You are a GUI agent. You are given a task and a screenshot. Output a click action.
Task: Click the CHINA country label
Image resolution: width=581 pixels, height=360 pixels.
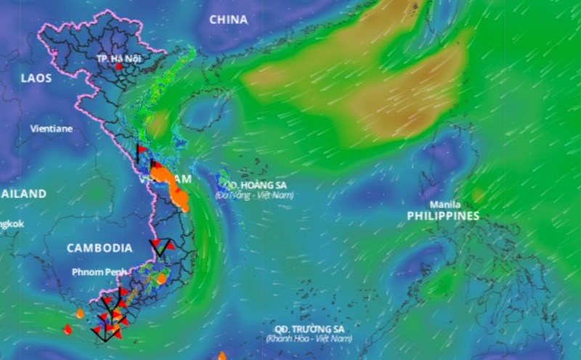click(228, 20)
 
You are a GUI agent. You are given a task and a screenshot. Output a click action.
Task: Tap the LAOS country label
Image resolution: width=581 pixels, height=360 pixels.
click(36, 78)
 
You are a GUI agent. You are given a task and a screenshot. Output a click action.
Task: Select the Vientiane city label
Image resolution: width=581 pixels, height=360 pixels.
click(51, 128)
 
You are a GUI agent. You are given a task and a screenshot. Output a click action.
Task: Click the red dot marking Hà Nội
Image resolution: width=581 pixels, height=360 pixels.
click(119, 67)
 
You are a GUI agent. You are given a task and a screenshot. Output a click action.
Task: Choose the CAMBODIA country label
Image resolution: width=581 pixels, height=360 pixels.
click(99, 247)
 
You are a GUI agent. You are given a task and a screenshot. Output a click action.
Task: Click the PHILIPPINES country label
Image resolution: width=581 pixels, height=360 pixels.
click(443, 216)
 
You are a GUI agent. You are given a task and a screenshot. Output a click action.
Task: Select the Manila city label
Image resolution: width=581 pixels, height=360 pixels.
click(444, 204)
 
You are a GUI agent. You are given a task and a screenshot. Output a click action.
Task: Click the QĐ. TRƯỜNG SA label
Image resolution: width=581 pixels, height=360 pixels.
click(309, 329)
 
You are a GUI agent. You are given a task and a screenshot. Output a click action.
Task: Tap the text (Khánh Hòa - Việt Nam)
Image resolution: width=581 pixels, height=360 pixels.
click(309, 339)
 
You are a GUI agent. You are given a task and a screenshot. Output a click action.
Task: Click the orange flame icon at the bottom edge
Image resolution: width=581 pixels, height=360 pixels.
click(222, 356)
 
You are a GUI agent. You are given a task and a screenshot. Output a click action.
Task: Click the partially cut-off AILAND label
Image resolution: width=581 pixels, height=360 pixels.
click(23, 194)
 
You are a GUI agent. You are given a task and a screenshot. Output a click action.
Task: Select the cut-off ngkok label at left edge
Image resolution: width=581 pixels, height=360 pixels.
click(12, 224)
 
